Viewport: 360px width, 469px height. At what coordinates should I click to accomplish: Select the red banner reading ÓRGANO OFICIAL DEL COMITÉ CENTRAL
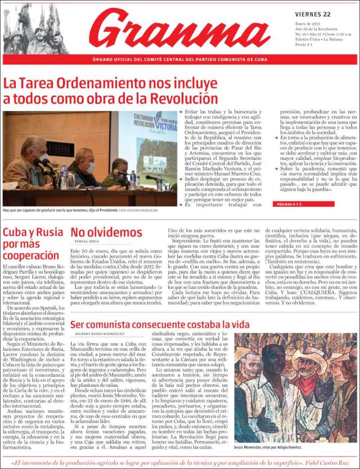(x=179, y=59)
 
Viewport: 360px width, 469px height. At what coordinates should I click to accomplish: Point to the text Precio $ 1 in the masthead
(x=303, y=44)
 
